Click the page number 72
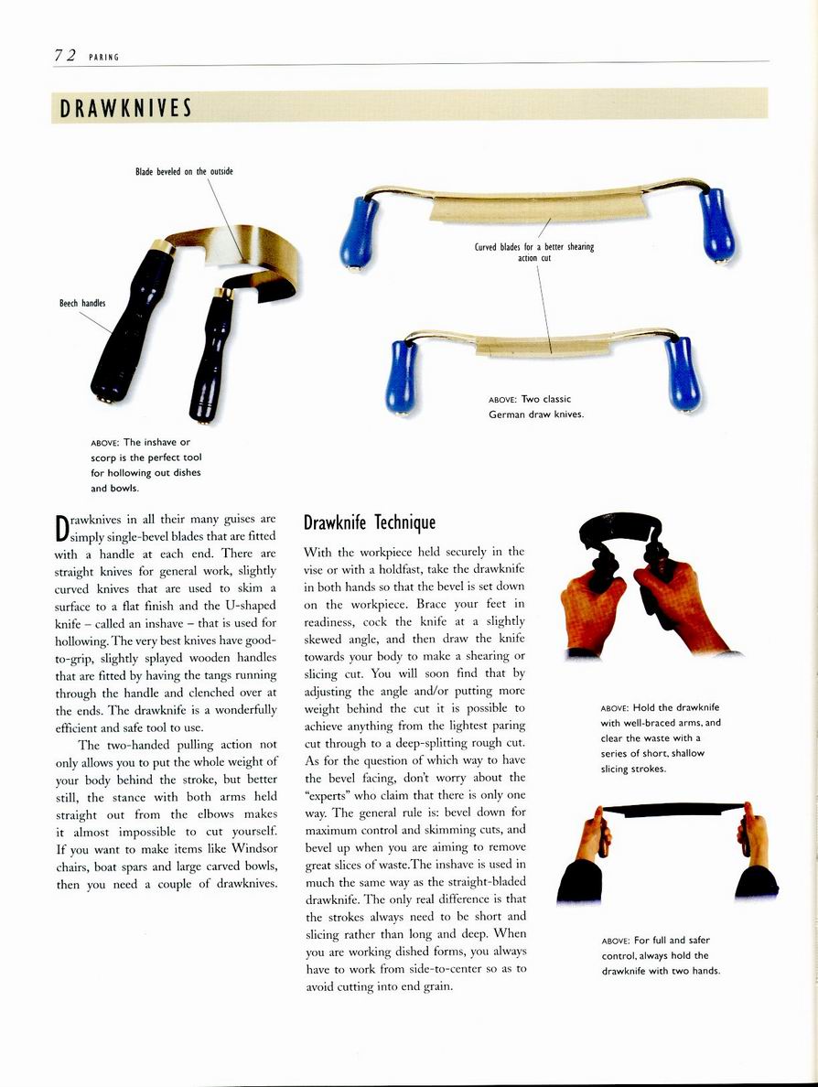[64, 55]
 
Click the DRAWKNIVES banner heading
[125, 108]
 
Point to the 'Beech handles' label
[82, 304]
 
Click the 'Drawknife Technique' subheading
[370, 522]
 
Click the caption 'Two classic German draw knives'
[536, 406]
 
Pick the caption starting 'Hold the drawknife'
[661, 737]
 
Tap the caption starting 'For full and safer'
[661, 954]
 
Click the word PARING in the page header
[103, 57]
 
